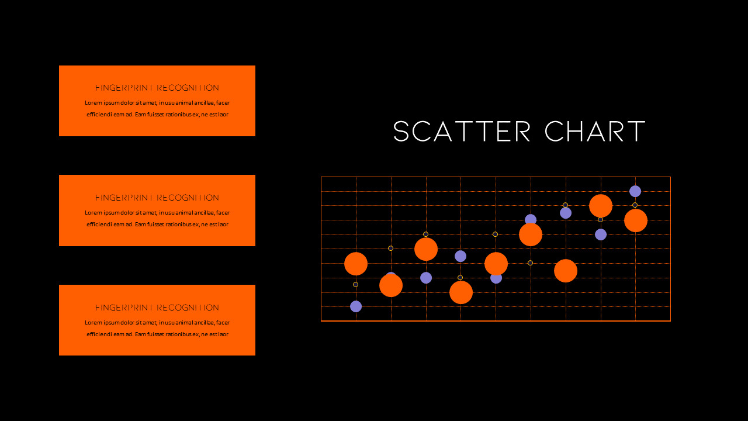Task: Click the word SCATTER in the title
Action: click(462, 132)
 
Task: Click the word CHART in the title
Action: click(595, 132)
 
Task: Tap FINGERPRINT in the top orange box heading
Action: click(124, 88)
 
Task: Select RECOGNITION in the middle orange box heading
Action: click(188, 198)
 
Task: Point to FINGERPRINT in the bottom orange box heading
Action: click(124, 308)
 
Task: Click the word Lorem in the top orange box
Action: click(93, 103)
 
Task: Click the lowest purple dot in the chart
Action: click(356, 306)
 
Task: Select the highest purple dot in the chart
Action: click(635, 191)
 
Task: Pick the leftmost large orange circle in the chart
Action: click(356, 264)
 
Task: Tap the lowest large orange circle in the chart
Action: click(461, 292)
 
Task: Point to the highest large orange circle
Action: click(601, 206)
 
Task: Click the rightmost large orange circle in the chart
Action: click(636, 220)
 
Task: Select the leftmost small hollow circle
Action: click(356, 285)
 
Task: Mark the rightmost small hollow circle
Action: click(635, 205)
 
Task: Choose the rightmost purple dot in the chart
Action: click(635, 191)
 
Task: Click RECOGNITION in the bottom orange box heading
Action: click(188, 308)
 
